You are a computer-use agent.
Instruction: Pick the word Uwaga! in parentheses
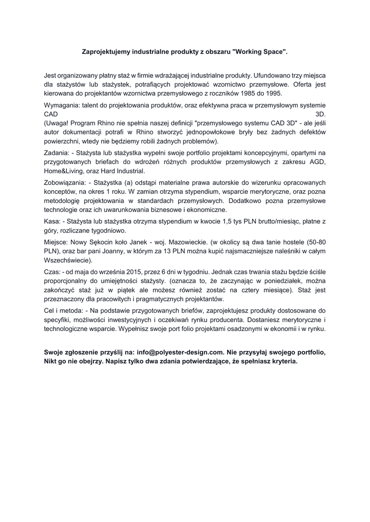click(57, 123)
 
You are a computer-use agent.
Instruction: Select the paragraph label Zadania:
click(57, 152)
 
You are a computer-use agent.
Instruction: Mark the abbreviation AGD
click(317, 162)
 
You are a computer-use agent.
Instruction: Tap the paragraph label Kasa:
click(53, 221)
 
